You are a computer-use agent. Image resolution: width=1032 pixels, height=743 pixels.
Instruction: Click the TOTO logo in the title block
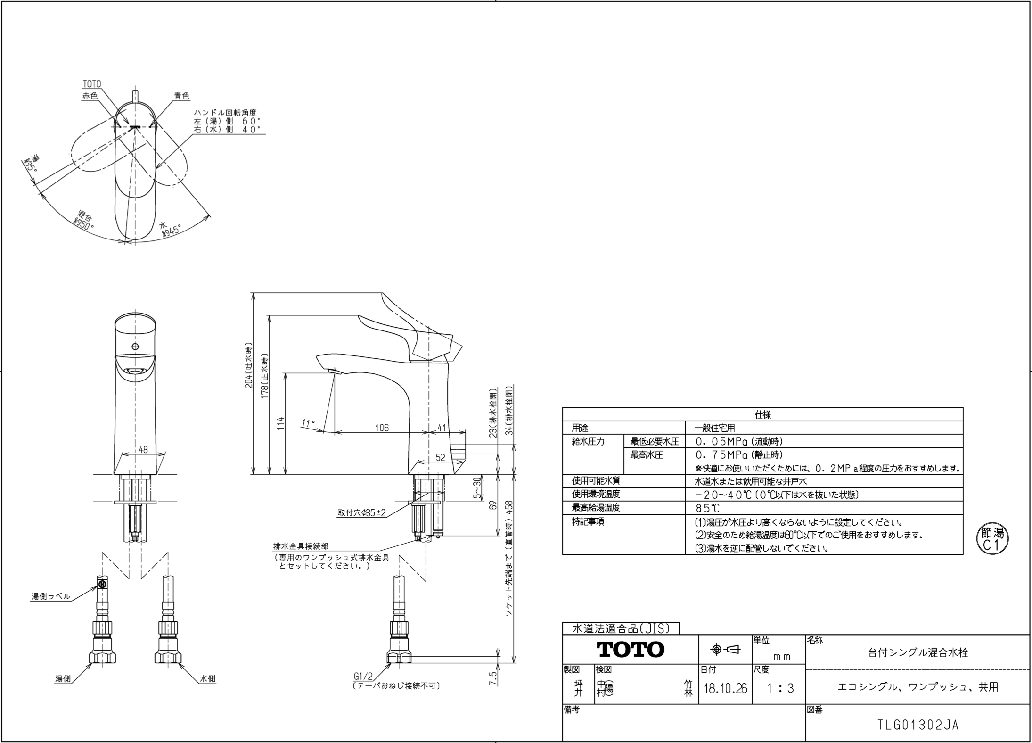point(631,650)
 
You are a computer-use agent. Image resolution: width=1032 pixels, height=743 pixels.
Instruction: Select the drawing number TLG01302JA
point(918,725)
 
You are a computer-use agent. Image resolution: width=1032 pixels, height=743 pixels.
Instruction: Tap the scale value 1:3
point(780,689)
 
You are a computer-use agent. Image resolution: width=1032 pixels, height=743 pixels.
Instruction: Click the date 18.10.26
point(725,689)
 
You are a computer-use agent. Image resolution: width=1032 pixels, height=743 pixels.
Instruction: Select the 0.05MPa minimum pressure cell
point(739,442)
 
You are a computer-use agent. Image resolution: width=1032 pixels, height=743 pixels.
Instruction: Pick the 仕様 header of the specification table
point(762,415)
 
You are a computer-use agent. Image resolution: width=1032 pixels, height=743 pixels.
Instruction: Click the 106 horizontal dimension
point(382,428)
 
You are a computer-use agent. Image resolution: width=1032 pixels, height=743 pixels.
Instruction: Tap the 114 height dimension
point(281,423)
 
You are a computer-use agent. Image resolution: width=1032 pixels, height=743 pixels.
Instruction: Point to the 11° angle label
point(308,423)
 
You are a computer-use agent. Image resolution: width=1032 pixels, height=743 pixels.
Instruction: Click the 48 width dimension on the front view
point(143,450)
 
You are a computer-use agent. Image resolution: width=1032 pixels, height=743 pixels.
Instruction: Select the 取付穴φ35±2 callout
point(361,513)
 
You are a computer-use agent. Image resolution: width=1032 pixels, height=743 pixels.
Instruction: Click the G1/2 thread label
point(363,677)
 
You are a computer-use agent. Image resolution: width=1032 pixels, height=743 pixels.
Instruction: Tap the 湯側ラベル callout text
point(51,597)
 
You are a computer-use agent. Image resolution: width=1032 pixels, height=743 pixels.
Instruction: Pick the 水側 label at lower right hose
point(207,679)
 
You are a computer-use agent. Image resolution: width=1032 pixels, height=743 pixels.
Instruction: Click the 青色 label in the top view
point(181,96)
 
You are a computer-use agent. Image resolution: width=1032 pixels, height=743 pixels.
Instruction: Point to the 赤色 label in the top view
point(90,96)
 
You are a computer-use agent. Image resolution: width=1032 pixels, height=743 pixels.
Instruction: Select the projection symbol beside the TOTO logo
point(725,650)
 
